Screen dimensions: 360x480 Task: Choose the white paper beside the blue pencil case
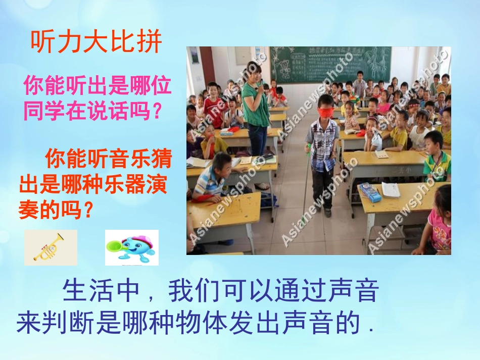pos(391,189)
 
